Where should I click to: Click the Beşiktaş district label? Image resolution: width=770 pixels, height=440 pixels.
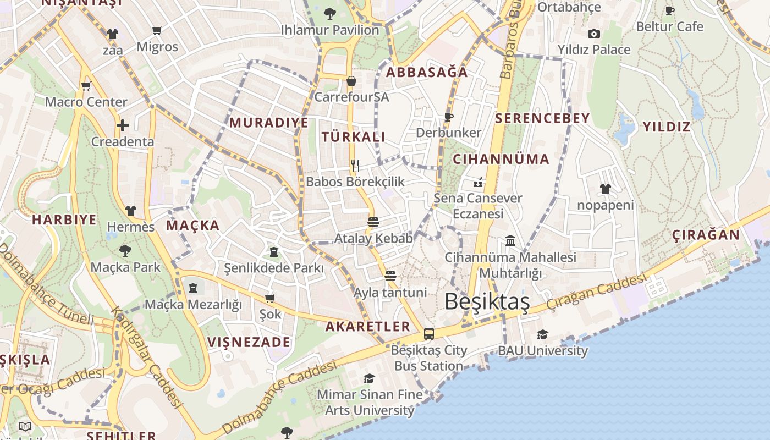(487, 301)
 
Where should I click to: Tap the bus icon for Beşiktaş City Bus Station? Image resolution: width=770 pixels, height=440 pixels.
(429, 333)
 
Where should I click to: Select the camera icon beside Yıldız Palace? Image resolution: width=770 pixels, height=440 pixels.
(593, 34)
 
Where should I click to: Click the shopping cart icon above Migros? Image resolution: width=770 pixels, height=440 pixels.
(157, 31)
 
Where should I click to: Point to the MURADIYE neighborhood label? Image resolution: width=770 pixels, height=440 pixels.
(269, 122)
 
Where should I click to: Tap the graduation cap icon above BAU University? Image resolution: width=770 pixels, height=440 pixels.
(542, 334)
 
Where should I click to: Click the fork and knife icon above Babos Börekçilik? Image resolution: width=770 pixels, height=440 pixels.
(355, 164)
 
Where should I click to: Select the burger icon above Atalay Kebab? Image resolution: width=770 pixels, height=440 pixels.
(373, 222)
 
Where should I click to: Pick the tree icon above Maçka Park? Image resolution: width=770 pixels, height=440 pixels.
(125, 251)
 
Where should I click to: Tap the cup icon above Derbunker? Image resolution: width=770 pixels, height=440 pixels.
(449, 116)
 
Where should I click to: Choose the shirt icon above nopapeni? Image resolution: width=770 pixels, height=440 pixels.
(606, 189)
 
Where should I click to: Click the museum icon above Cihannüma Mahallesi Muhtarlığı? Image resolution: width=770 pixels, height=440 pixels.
(510, 241)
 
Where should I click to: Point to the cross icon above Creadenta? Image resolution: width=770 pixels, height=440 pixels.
(122, 125)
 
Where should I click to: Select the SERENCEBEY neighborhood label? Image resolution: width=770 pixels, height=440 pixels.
(542, 118)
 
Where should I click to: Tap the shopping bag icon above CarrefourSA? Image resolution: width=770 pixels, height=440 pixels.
(351, 81)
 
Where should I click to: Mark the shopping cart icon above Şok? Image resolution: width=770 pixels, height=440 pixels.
(270, 298)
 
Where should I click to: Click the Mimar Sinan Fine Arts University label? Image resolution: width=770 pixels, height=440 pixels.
(370, 402)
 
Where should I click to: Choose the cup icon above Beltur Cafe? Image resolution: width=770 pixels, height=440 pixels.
(669, 10)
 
